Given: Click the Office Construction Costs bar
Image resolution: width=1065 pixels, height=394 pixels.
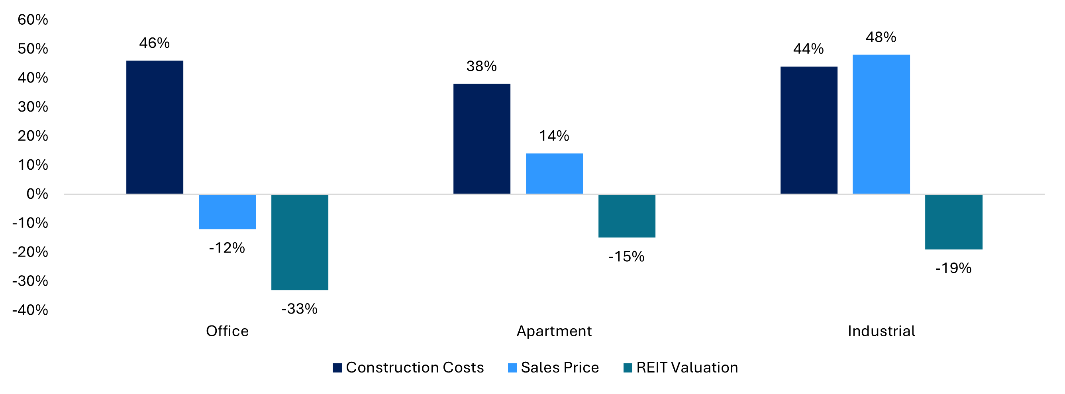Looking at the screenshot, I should (155, 127).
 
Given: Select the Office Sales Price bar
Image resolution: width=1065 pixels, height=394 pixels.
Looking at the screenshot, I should (227, 211).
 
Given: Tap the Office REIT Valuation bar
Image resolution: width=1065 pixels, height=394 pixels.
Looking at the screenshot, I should (300, 242).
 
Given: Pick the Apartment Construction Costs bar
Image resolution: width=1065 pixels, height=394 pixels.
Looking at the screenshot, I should (482, 139).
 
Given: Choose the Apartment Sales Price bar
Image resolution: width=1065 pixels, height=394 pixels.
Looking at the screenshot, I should (554, 173).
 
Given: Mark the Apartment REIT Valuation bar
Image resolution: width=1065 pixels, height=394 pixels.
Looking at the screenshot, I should (627, 216).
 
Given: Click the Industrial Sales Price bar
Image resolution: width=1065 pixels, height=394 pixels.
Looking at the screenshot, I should (881, 124).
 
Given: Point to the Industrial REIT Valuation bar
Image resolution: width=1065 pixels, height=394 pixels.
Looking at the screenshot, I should (954, 222).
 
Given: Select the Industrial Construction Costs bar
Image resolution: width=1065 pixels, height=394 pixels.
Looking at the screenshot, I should (809, 130).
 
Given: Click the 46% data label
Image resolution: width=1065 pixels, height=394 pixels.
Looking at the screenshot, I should (154, 43).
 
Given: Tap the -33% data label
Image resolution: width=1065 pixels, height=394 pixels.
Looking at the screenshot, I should (299, 309).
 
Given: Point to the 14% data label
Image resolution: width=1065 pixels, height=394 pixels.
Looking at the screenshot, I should (554, 135).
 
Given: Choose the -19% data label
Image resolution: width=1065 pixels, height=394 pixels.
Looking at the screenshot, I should (953, 269).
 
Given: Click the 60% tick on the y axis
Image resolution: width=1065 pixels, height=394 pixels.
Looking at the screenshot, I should (33, 20).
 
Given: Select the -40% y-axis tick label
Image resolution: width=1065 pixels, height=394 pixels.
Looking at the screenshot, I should (30, 310).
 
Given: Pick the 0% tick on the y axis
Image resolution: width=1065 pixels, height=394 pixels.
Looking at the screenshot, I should (37, 194).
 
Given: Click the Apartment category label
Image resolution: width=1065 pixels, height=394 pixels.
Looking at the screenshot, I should (554, 331).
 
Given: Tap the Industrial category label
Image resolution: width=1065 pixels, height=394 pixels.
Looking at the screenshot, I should (881, 331).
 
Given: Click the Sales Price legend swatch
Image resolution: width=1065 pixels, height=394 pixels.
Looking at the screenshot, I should (512, 368).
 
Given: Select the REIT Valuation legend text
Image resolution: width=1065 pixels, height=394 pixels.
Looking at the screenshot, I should (687, 368).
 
